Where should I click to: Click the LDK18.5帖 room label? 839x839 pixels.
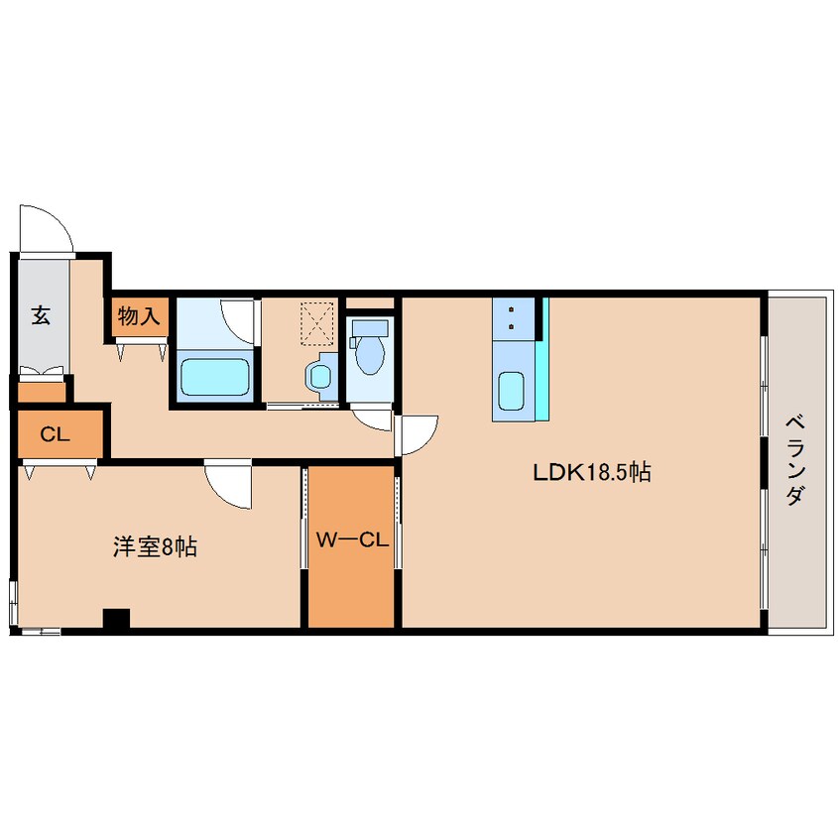[592, 472]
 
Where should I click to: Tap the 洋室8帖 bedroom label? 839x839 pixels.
[155, 546]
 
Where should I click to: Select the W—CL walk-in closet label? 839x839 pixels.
[352, 539]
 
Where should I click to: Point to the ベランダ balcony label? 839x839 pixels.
[795, 461]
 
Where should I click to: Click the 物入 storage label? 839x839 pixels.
[139, 316]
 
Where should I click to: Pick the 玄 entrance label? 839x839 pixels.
[42, 315]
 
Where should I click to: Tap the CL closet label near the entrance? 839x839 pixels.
[55, 434]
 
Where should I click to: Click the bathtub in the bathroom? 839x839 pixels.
[214, 376]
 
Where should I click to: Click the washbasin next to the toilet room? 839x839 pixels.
[320, 376]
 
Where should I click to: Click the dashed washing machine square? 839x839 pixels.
[317, 321]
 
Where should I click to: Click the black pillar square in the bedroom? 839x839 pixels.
[117, 618]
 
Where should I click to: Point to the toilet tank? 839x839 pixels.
[370, 328]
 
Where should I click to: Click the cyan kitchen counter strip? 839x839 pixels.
[542, 358]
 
